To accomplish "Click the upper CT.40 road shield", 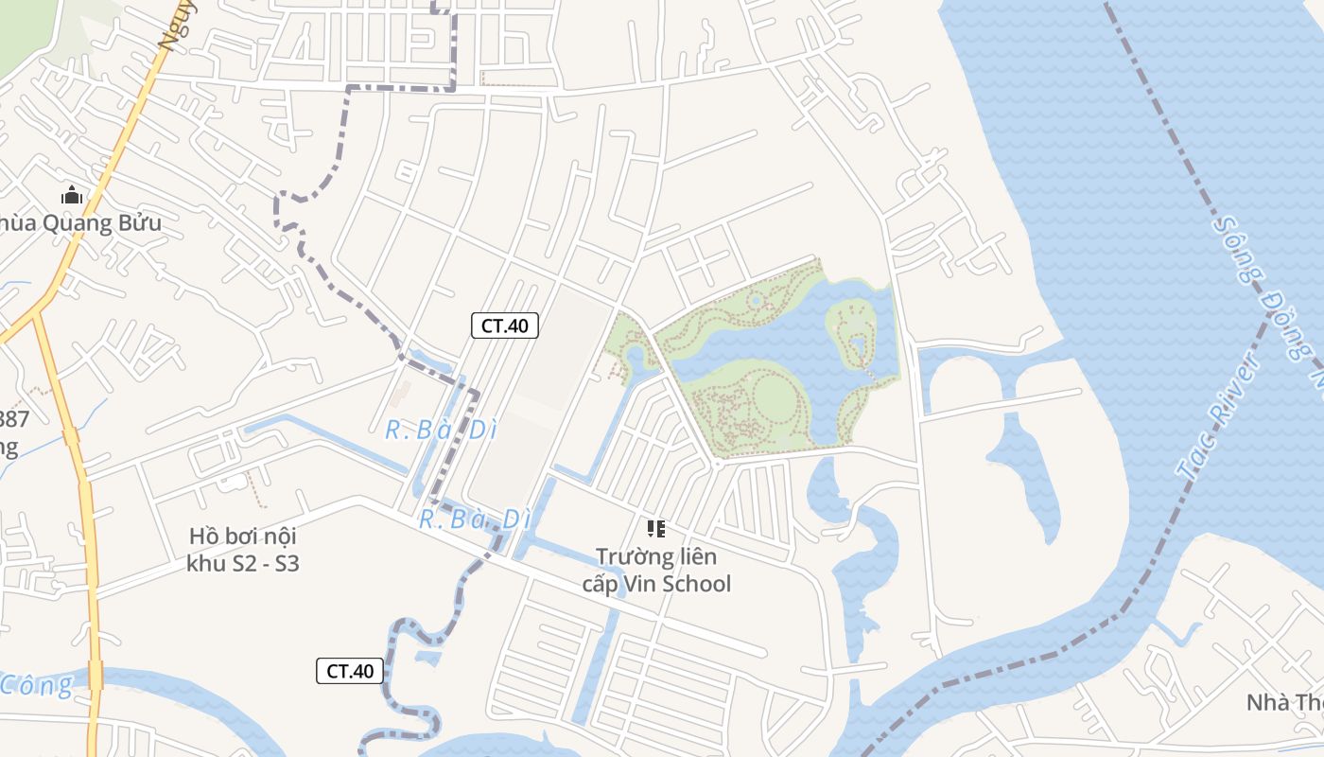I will point(504,326).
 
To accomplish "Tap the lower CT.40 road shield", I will point(350,671).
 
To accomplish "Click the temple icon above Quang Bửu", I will point(72,196).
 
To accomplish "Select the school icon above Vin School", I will point(655,529).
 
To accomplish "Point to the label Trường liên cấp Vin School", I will point(656,570).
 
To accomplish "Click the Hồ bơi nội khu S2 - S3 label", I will point(243,550).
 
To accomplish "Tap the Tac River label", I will point(1219,417).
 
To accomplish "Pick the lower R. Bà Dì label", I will point(475,519).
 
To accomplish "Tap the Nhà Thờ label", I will point(1284,702).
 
